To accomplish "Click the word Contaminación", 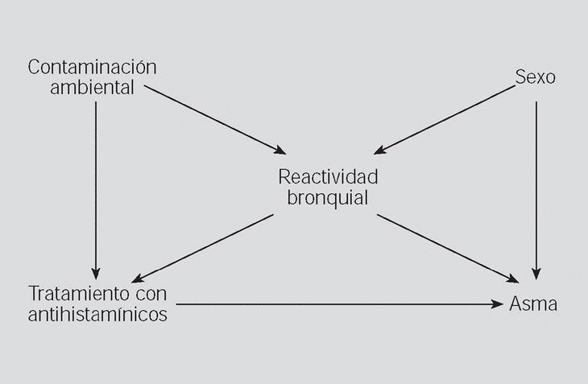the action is click(92, 68).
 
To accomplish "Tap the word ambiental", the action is click(92, 88).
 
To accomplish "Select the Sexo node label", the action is click(536, 78).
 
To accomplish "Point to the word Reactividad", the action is click(328, 177).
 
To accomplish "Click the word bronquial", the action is click(328, 197).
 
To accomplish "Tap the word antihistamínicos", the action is click(97, 314).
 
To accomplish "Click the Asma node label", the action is click(533, 304).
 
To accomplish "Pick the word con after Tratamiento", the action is click(151, 293).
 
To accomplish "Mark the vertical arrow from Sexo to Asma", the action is click(536, 185).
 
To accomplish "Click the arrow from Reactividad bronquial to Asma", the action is click(447, 248).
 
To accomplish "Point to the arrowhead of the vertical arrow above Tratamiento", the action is click(96, 272).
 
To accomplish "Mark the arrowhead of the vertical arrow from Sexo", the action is click(536, 274).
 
